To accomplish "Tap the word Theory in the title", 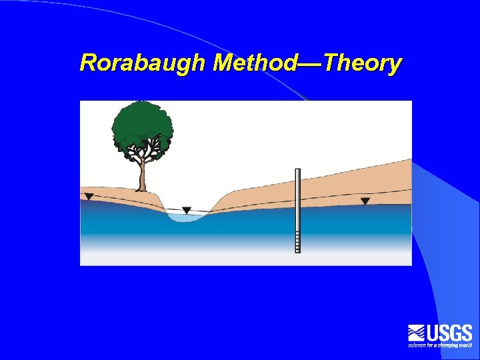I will (363, 63).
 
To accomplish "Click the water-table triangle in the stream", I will (187, 210).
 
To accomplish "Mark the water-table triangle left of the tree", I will (89, 197).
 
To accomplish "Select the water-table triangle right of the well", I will (365, 201).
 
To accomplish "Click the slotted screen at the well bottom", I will (298, 241).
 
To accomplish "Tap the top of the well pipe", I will (298, 171).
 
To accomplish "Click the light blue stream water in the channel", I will (188, 217).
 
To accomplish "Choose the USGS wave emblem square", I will (417, 333).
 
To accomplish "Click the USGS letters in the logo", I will (449, 333).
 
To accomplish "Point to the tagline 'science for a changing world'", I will (440, 345).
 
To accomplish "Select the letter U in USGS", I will (433, 333).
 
